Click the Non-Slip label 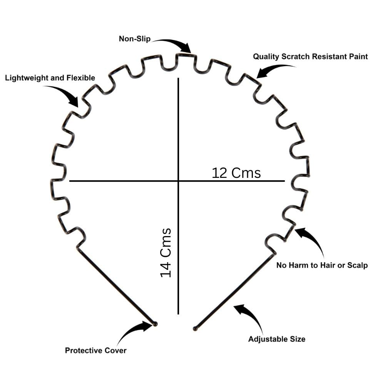134,39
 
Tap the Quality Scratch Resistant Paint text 310,57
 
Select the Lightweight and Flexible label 50,78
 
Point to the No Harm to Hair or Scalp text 322,265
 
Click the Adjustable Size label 277,339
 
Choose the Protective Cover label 95,350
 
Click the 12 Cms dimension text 236,173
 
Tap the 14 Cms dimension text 166,253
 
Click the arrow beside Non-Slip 176,43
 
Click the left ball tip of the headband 155,324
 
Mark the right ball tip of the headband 195,328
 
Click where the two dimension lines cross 178,181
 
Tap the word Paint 358,57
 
